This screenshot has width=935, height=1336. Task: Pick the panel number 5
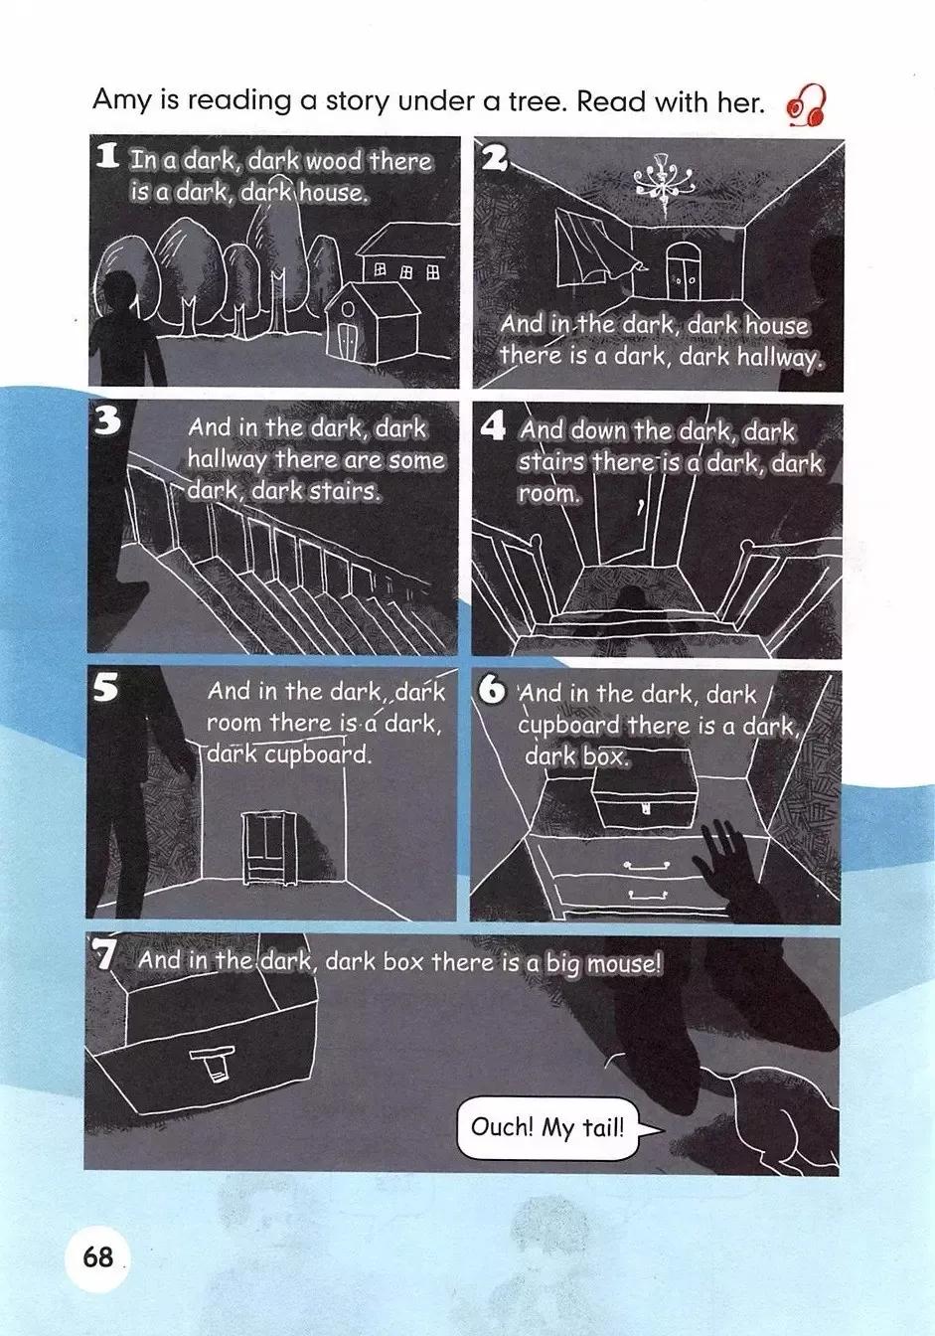coord(105,688)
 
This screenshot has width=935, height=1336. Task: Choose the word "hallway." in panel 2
coord(779,357)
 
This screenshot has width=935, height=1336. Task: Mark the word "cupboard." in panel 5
coord(318,755)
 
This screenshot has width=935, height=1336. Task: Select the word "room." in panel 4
coord(548,494)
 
